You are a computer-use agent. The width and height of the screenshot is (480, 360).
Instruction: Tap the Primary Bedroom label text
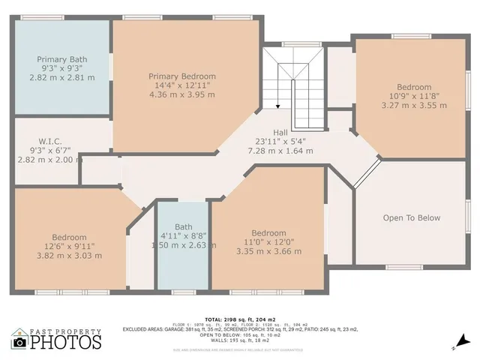click(x=182, y=76)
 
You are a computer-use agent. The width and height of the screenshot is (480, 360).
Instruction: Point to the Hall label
click(x=280, y=131)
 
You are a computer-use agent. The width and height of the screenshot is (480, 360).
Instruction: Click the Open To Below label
click(x=412, y=218)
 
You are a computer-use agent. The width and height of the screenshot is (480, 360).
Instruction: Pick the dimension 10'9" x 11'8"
click(x=415, y=97)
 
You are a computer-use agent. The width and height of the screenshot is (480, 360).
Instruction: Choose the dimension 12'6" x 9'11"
click(x=70, y=247)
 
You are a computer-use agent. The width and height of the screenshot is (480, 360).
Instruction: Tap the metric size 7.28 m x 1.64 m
click(x=280, y=151)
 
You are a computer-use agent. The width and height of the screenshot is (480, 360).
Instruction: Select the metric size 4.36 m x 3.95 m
click(x=182, y=95)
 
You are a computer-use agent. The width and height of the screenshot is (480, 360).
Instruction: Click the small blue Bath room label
click(x=184, y=226)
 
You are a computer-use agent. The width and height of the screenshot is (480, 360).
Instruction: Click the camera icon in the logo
click(x=19, y=342)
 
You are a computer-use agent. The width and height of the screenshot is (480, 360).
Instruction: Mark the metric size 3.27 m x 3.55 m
click(x=415, y=106)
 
